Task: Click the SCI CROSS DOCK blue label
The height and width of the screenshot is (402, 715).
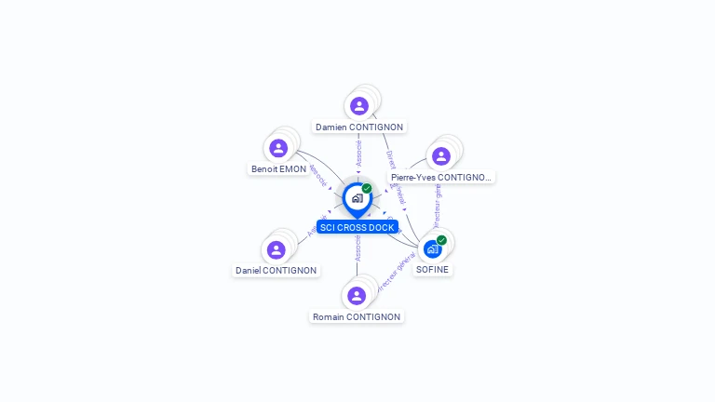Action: (357, 227)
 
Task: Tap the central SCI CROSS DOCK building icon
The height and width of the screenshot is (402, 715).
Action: (357, 198)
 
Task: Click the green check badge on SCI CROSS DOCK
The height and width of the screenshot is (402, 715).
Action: (367, 189)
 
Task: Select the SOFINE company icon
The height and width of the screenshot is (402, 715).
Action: (432, 249)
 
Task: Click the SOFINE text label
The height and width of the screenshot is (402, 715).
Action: (432, 270)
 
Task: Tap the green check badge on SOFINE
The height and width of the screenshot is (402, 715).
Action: (441, 240)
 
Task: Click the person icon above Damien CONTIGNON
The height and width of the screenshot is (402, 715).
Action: (359, 106)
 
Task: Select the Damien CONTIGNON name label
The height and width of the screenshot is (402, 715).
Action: (359, 127)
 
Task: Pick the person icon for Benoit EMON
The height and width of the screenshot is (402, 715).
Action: (278, 148)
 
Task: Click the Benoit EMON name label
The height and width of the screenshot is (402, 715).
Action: (278, 169)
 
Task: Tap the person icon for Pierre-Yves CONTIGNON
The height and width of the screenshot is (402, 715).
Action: (441, 155)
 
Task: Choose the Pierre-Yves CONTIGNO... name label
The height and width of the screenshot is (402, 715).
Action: (441, 177)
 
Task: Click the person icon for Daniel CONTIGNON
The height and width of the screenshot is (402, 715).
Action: (277, 249)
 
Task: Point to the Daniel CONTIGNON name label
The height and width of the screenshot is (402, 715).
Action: (277, 271)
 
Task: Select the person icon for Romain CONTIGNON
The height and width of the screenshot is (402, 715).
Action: (357, 296)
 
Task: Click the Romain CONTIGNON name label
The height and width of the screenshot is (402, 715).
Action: (357, 317)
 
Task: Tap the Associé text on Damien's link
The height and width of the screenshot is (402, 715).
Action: (359, 153)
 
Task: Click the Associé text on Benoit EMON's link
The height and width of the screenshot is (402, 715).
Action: (317, 175)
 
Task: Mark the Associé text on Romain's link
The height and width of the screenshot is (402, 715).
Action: (357, 248)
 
